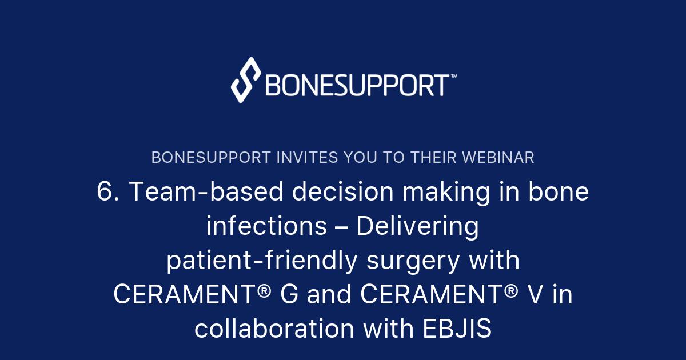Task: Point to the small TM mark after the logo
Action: pos(454,75)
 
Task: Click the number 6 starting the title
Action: pos(106,193)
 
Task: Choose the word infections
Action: pos(266,227)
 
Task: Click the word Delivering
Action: pos(418,227)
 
